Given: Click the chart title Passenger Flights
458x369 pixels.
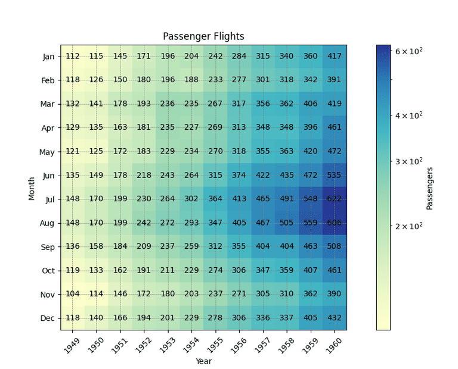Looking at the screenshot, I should point(203,36).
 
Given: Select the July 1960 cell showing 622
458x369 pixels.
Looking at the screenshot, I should point(335,199).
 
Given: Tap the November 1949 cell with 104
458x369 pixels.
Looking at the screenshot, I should point(73,295).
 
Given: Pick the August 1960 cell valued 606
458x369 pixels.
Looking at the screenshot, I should point(335,223).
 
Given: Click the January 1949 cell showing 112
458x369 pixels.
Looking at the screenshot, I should point(73,57).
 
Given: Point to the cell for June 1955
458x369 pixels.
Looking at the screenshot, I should point(215,176).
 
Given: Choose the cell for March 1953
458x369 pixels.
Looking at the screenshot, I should point(168,104).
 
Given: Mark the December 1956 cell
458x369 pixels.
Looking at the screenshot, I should point(239,318).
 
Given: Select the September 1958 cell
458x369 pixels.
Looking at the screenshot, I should point(287,247).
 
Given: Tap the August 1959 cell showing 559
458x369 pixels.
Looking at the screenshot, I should point(311,223).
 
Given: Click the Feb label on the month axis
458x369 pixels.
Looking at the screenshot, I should point(48,80).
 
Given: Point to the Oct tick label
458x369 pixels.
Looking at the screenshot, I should point(48,271).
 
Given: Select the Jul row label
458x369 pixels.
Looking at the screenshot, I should point(50,199).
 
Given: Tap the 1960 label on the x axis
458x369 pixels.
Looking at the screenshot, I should point(333,343).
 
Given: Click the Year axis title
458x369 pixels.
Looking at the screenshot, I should point(203,361).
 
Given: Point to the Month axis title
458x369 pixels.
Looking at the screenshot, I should point(32,187).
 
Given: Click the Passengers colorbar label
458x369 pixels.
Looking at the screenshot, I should point(429,188).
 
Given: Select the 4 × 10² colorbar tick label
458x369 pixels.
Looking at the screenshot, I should point(409,115).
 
